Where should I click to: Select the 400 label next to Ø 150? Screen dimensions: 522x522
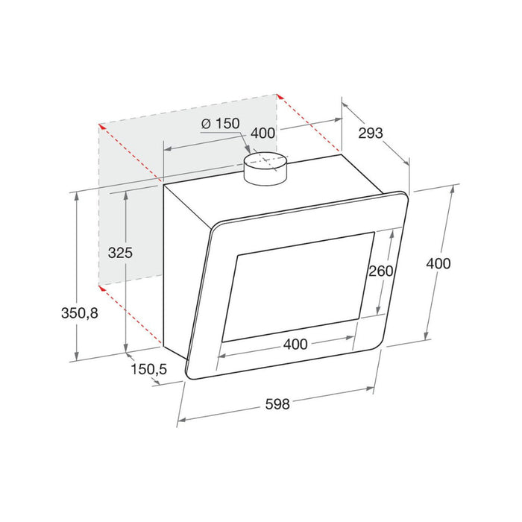click(x=263, y=133)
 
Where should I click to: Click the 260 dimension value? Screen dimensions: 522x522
click(x=380, y=271)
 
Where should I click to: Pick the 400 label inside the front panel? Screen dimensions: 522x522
click(x=295, y=344)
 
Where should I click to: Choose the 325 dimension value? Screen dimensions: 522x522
click(x=119, y=252)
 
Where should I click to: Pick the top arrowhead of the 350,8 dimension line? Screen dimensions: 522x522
click(x=78, y=195)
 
